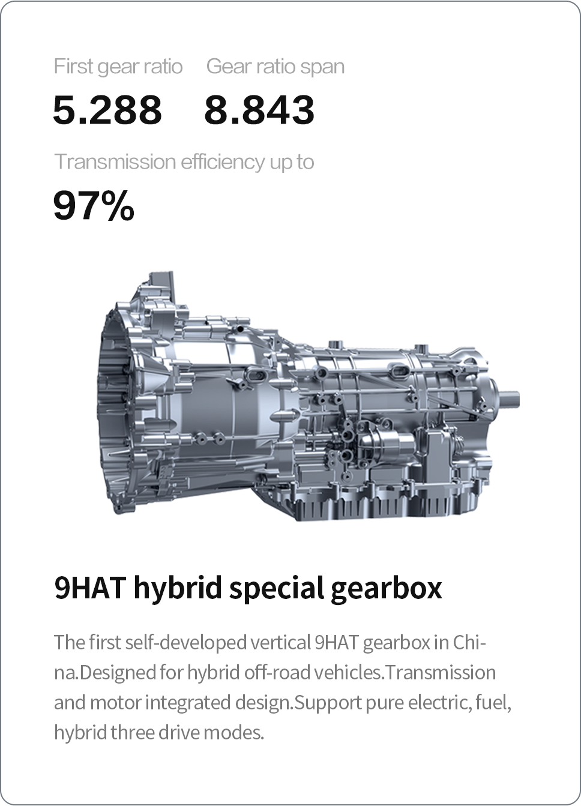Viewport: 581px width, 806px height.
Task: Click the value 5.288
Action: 107,109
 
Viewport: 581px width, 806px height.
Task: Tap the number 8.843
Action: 259,109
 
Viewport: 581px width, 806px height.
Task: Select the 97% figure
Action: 94,205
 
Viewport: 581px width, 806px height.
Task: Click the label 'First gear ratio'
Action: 118,67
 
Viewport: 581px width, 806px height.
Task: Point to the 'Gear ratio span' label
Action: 275,67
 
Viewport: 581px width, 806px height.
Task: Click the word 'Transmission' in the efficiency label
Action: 115,161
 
